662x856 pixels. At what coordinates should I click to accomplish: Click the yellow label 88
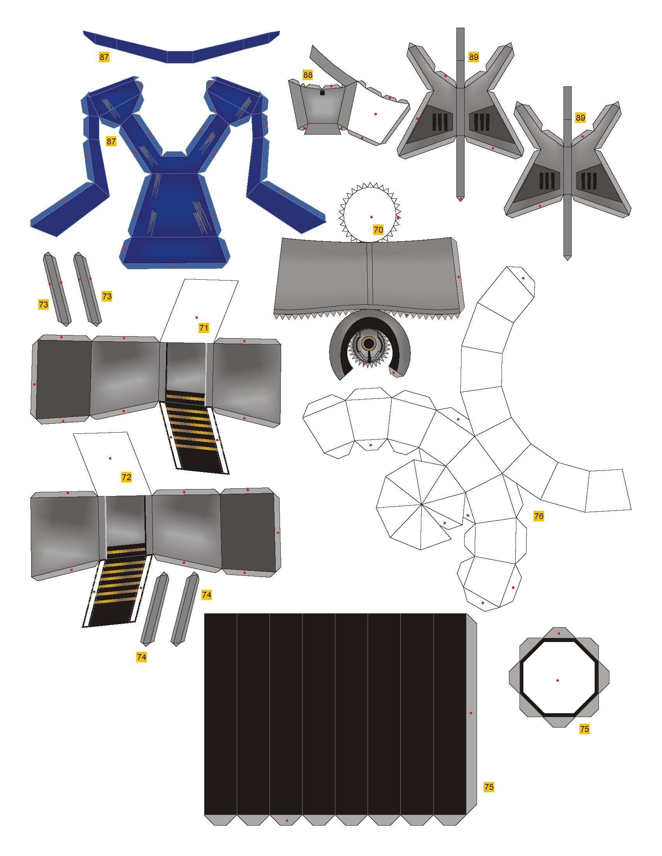coord(308,74)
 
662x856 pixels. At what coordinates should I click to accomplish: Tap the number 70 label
coord(378,230)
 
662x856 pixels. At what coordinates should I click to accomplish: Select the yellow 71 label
coord(204,328)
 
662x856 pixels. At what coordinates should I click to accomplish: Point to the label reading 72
coord(126,477)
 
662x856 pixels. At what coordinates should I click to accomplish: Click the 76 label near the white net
coord(539,516)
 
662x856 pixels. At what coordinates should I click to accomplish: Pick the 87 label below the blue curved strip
coord(104,57)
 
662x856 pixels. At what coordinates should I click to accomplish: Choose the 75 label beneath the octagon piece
coord(585,729)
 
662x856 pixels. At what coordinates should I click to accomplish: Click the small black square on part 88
coord(322,93)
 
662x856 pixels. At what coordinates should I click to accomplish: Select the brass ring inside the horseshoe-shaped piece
coord(368,343)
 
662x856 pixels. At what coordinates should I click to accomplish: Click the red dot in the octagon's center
coord(558,680)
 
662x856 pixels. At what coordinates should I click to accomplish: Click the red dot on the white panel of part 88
coord(376,114)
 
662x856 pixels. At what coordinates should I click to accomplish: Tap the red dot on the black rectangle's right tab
coord(471,713)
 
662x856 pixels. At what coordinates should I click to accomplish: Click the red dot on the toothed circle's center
coord(371,217)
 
